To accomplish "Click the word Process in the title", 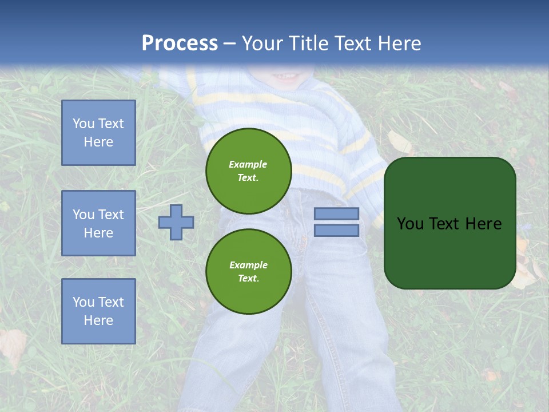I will point(180,43).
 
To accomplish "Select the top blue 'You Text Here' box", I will point(98,133).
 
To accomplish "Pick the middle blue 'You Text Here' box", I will point(98,223).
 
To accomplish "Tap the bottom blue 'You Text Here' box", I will point(98,311).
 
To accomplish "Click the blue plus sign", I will point(176,222).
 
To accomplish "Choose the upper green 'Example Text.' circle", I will point(249,171).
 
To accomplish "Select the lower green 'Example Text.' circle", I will point(249,271).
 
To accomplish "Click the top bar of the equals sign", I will point(337,213).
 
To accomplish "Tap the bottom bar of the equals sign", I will point(337,230).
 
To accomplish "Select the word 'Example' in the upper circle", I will point(248,164).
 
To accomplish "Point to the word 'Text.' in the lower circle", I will point(249,278).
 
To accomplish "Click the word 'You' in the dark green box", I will point(410,224).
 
